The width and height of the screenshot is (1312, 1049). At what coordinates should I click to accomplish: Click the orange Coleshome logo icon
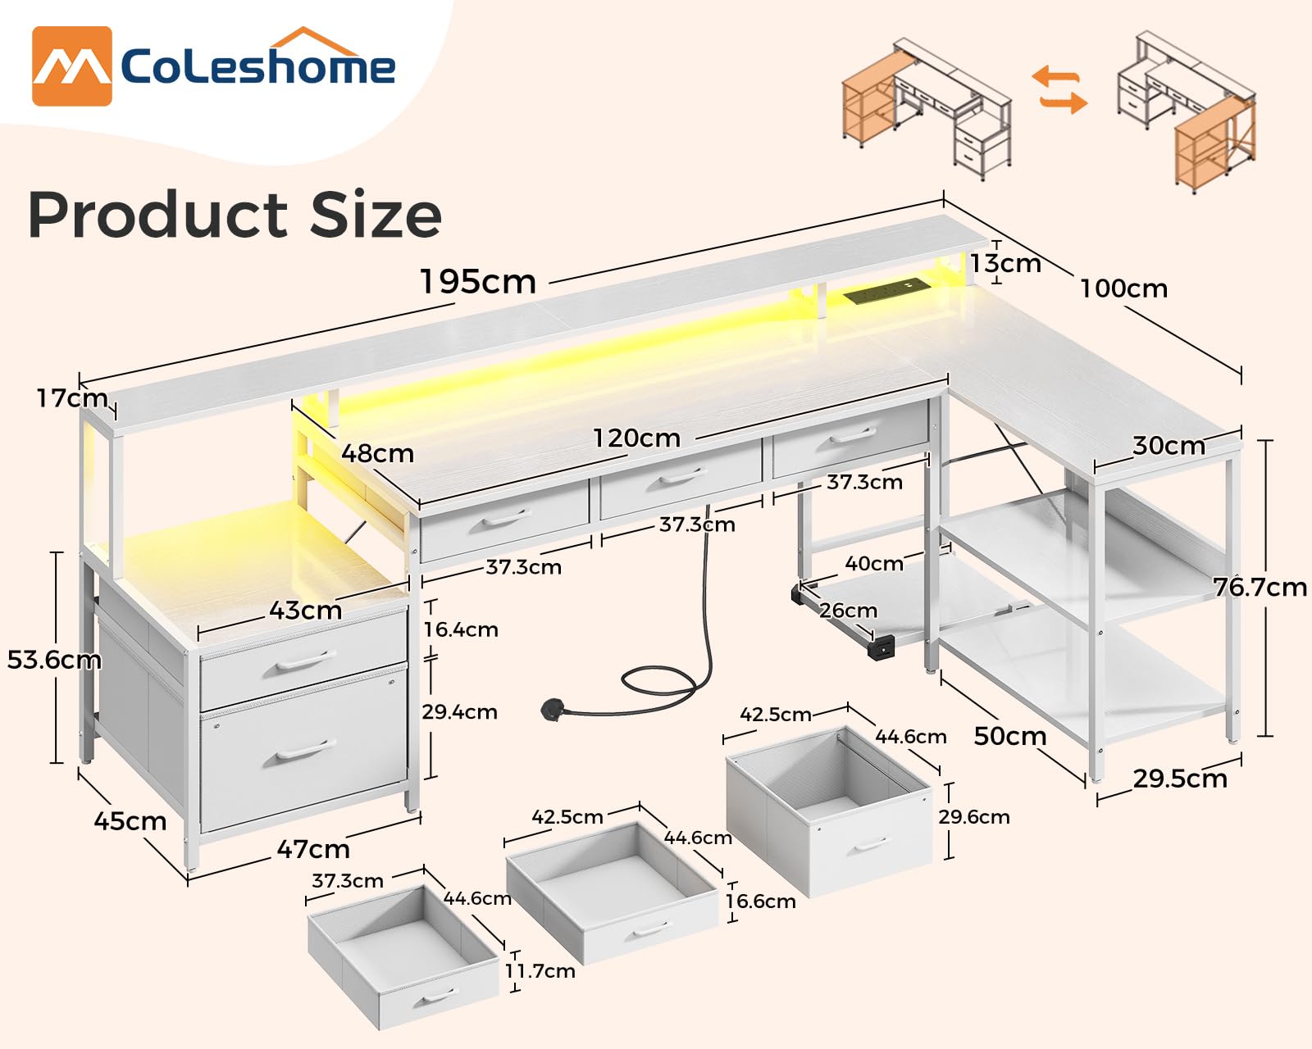(x=71, y=66)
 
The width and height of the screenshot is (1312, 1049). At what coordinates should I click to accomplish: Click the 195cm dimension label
(x=478, y=282)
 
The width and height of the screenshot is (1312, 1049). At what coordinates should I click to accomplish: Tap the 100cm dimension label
(x=1123, y=288)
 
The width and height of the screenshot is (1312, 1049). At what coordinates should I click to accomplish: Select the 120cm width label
(x=636, y=438)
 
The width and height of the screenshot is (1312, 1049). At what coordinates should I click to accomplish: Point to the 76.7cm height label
(x=1260, y=587)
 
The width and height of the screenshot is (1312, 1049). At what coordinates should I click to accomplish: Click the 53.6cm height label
(x=54, y=660)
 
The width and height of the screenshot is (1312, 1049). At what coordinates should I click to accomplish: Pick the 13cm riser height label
(x=1005, y=264)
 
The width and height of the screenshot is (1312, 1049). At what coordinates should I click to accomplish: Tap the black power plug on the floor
(x=553, y=710)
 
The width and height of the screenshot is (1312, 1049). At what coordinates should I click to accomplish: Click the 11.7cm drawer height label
(x=540, y=971)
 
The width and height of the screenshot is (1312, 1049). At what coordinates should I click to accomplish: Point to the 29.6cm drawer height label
(x=973, y=817)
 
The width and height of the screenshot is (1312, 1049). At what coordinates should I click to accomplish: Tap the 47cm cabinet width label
(x=312, y=849)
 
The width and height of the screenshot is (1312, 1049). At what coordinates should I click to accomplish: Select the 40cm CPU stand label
(x=873, y=564)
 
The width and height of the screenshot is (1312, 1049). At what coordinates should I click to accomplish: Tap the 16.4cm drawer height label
(x=460, y=629)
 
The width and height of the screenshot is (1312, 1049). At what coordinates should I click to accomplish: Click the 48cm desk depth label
(x=377, y=453)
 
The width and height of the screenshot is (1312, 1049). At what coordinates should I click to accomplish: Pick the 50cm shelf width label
(x=1009, y=736)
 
